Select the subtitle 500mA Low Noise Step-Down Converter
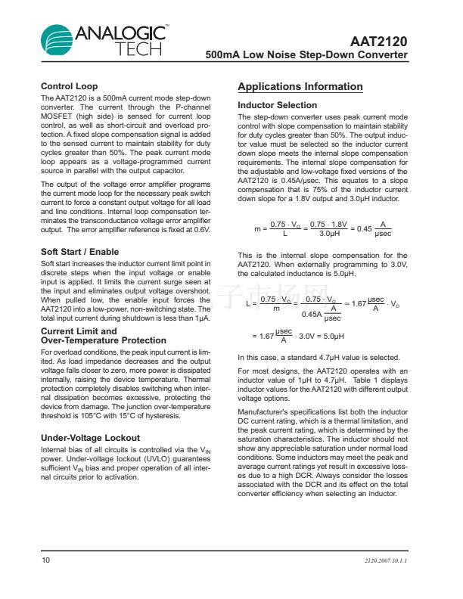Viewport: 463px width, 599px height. (x=306, y=56)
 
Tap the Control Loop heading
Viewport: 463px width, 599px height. (x=69, y=86)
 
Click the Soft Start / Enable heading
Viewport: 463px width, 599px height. (x=79, y=251)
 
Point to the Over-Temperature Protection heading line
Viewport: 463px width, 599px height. (x=103, y=340)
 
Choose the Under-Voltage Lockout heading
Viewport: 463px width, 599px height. (x=90, y=438)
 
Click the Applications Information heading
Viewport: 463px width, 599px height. (x=300, y=87)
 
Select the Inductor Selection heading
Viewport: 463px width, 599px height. (x=277, y=105)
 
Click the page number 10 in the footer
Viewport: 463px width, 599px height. (x=45, y=560)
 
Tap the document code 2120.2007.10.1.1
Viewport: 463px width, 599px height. (x=386, y=561)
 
